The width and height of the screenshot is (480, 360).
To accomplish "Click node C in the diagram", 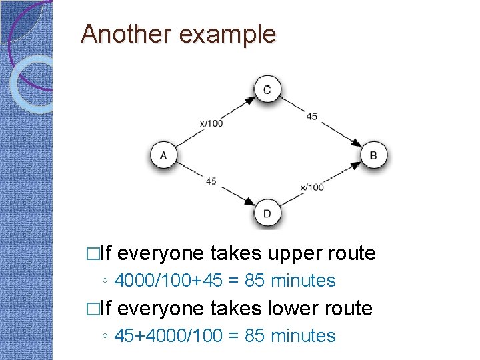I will pos(267,90).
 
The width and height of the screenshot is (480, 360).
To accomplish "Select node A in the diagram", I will pos(163,156).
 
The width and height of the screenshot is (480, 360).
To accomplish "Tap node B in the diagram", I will pos(373,156).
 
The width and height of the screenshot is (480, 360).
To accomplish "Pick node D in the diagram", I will pos(267,213).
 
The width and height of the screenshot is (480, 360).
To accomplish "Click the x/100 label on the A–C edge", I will pos(211,123).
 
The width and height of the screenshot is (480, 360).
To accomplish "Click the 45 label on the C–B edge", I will pos(312,117).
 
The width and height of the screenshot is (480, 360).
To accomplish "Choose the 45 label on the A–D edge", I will pos(211,181).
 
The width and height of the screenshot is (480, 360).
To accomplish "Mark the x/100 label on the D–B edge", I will pos(312,187).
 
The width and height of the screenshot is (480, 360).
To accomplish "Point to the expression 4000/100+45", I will pos(170,281).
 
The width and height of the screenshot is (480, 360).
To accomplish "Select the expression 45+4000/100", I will pos(169,335).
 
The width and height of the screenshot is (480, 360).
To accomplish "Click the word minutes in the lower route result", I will pos(303,335).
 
